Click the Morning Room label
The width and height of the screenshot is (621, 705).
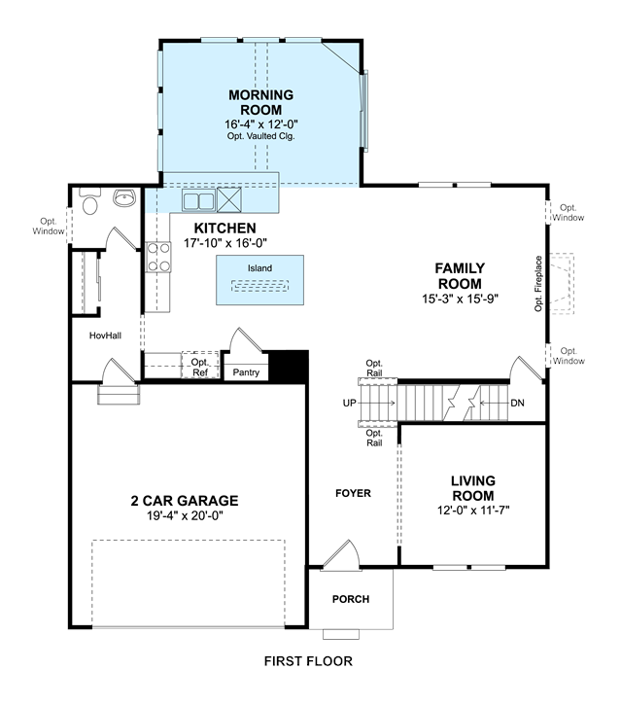point(261,102)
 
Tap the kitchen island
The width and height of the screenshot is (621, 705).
point(259,280)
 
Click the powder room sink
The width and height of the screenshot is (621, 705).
point(124,197)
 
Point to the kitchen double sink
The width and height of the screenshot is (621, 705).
point(198,200)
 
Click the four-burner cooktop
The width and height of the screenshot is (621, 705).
point(158,257)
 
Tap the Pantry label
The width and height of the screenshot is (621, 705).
point(246,372)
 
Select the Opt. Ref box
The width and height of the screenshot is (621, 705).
point(200,366)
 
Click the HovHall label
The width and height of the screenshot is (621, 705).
point(105,335)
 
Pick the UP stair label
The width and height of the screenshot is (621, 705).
point(349,403)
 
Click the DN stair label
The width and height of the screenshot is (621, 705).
point(517,403)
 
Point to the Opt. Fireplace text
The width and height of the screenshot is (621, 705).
point(538,284)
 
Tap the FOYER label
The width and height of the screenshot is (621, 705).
point(353,493)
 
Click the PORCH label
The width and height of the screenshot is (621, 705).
point(351,599)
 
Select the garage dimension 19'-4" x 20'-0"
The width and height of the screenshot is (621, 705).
point(185,515)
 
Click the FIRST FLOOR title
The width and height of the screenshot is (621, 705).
point(308,661)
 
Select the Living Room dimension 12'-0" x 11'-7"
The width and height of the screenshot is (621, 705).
point(473,511)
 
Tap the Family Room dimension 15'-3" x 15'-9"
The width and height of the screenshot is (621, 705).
point(460,299)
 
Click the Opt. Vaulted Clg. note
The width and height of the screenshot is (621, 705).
point(261,136)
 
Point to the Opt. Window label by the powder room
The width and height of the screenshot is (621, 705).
point(48,227)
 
